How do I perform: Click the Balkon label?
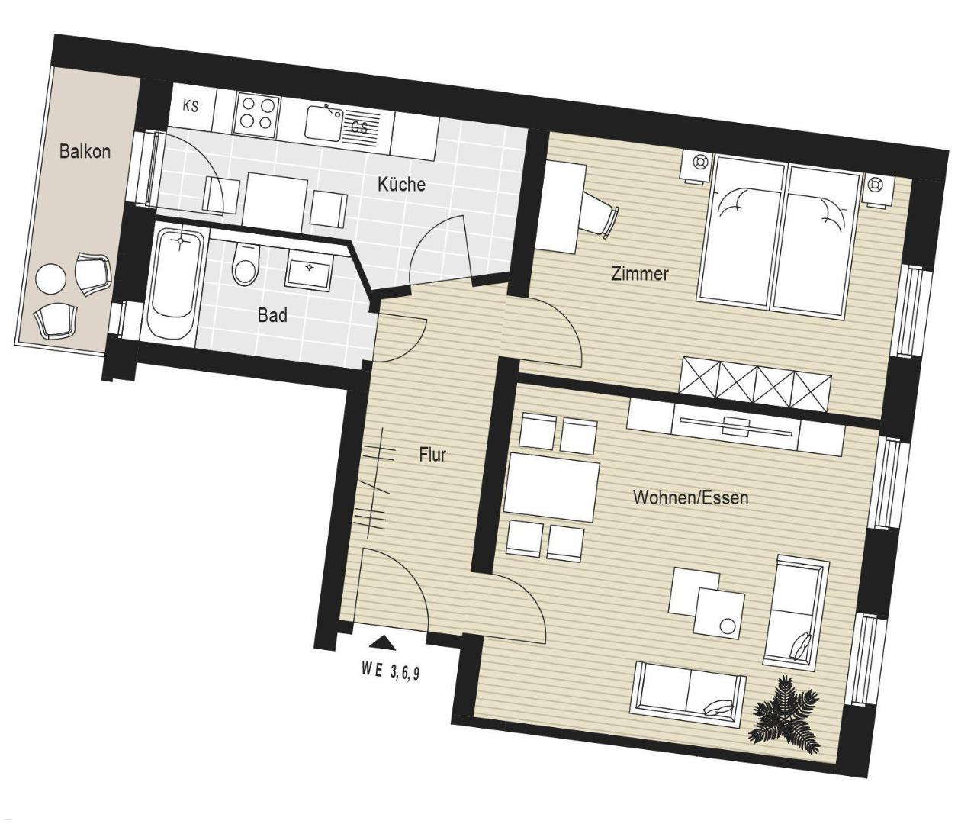tap(85, 152)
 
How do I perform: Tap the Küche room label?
tap(401, 184)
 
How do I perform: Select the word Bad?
tap(272, 315)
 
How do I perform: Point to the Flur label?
tap(432, 455)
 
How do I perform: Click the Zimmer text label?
tap(639, 273)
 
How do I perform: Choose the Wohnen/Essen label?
tap(691, 497)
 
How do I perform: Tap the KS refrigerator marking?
tap(191, 107)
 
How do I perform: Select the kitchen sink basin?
tap(324, 123)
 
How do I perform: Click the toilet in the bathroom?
tap(245, 265)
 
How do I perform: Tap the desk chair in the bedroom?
tap(599, 216)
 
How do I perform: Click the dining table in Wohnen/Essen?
tap(551, 487)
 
